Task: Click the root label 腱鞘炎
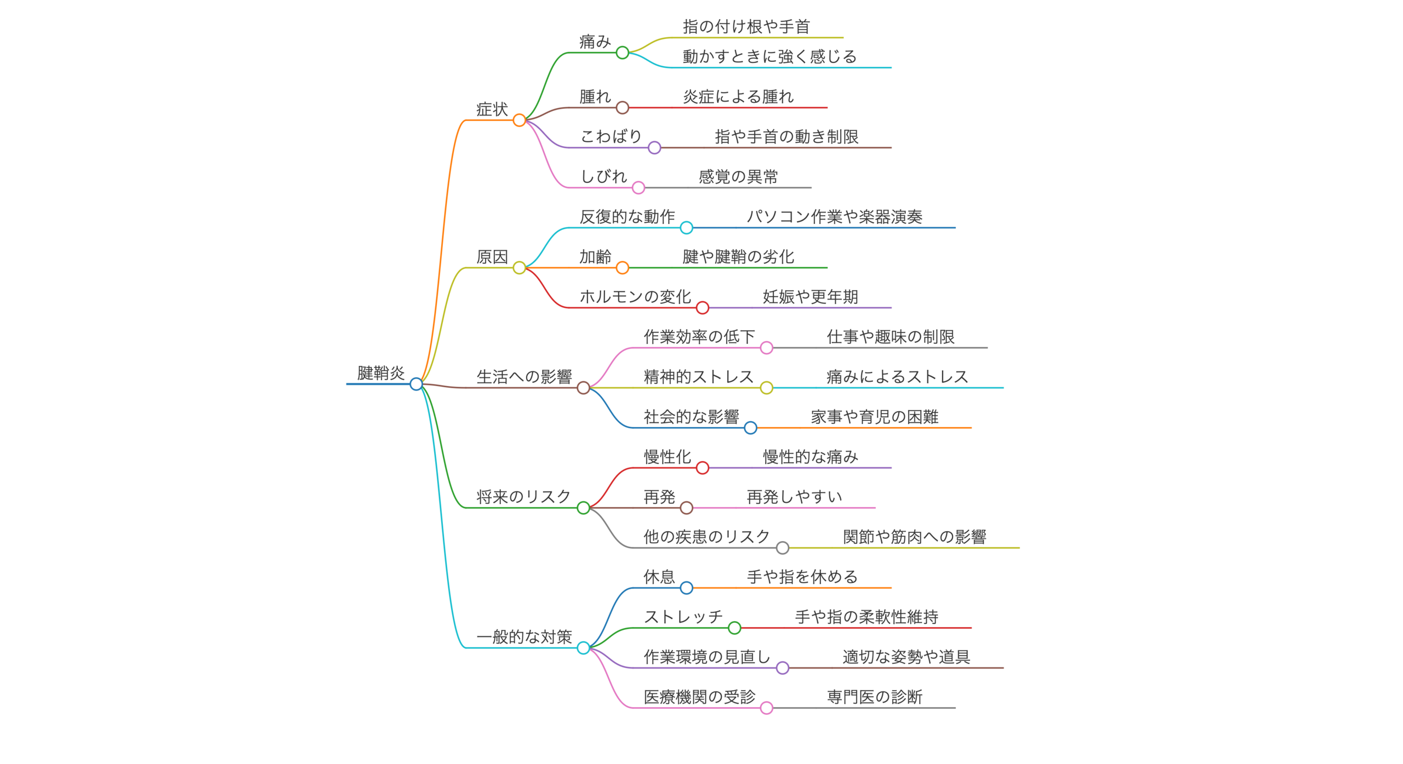click(380, 372)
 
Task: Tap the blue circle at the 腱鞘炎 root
click(416, 384)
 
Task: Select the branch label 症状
click(492, 109)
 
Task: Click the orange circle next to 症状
click(519, 120)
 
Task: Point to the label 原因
click(492, 256)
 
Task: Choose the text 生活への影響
click(523, 376)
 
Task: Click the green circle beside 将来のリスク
click(583, 508)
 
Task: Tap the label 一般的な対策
click(523, 636)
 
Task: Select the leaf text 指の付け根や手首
click(746, 26)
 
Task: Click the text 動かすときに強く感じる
click(769, 56)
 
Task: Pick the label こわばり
click(611, 136)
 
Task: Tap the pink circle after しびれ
click(638, 188)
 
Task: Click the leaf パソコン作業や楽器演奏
click(834, 216)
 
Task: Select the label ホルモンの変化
click(635, 296)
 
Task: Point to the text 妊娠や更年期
click(810, 296)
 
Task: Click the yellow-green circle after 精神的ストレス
click(766, 388)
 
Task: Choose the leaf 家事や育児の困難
click(874, 416)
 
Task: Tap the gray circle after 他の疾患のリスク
click(782, 548)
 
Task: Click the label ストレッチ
click(683, 616)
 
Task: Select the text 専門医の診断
click(874, 697)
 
